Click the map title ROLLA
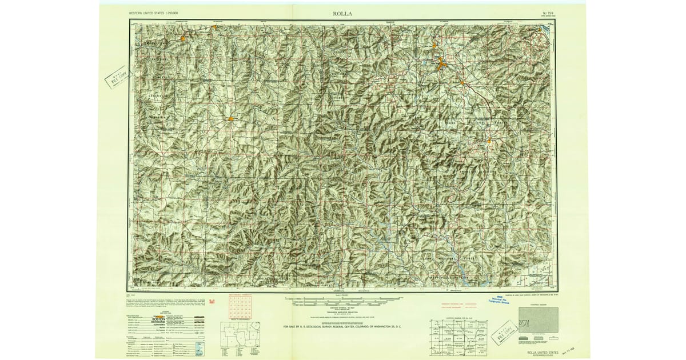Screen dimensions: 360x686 (x=342, y=13)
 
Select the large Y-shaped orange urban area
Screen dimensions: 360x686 (x=441, y=63)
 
